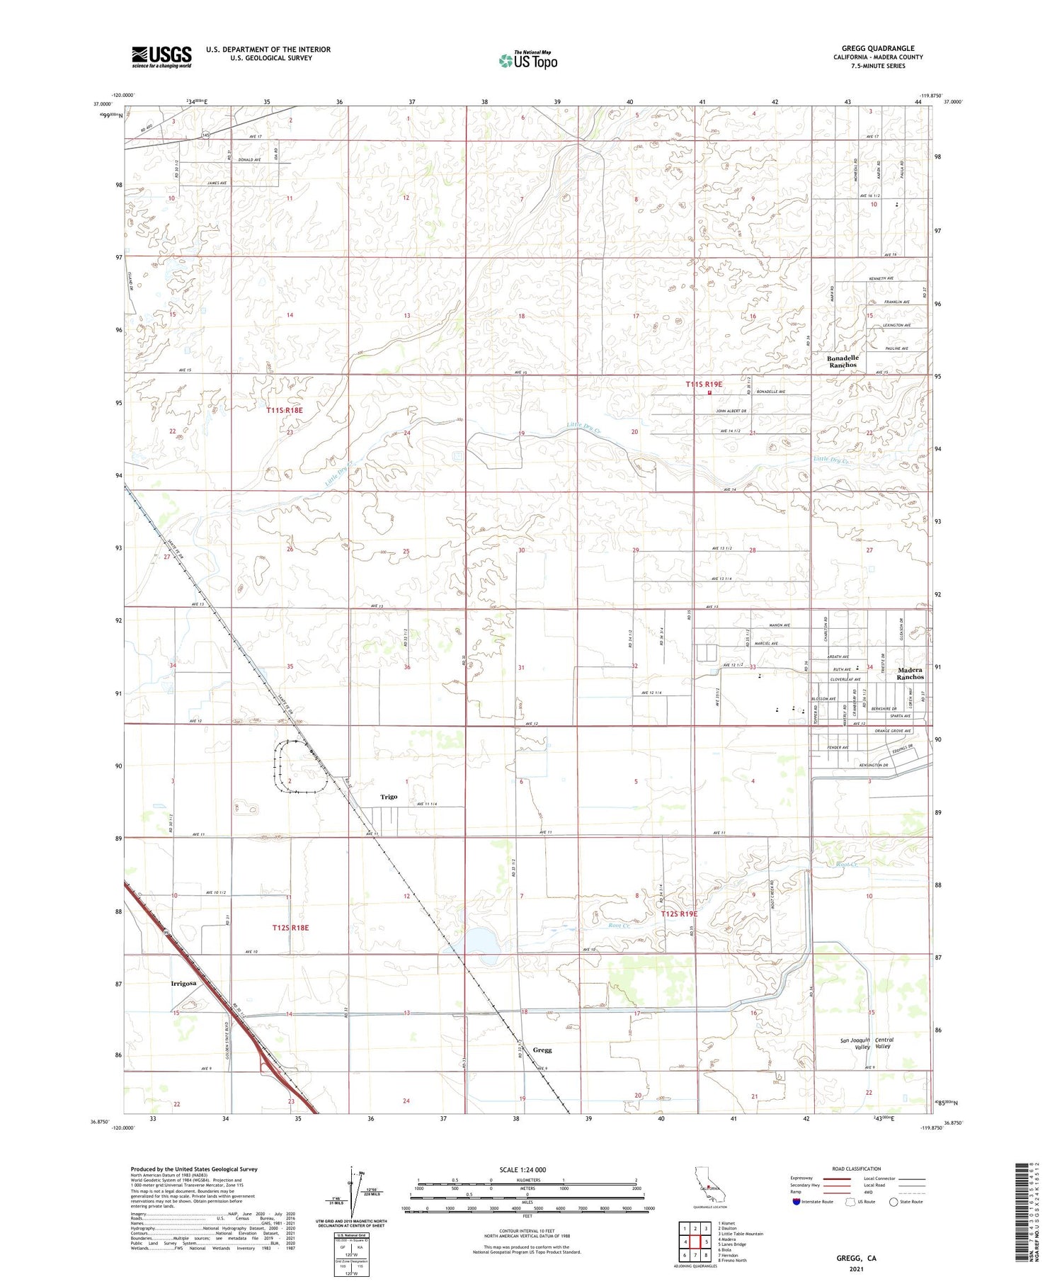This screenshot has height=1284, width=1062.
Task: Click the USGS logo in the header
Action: (161, 57)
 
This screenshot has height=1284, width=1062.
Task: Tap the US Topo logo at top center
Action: (528, 60)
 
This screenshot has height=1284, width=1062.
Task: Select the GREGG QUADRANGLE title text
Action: (878, 49)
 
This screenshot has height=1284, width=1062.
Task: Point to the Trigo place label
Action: (389, 797)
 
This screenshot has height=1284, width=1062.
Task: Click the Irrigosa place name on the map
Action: (183, 983)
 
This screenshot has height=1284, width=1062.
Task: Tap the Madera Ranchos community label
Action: (910, 673)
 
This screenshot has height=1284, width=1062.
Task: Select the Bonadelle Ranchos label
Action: (843, 361)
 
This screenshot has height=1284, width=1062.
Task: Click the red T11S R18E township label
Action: (285, 410)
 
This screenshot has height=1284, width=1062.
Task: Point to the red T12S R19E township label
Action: (679, 914)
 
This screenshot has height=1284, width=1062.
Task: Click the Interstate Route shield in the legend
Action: (796, 1201)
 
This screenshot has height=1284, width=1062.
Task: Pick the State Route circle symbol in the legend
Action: (893, 1201)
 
